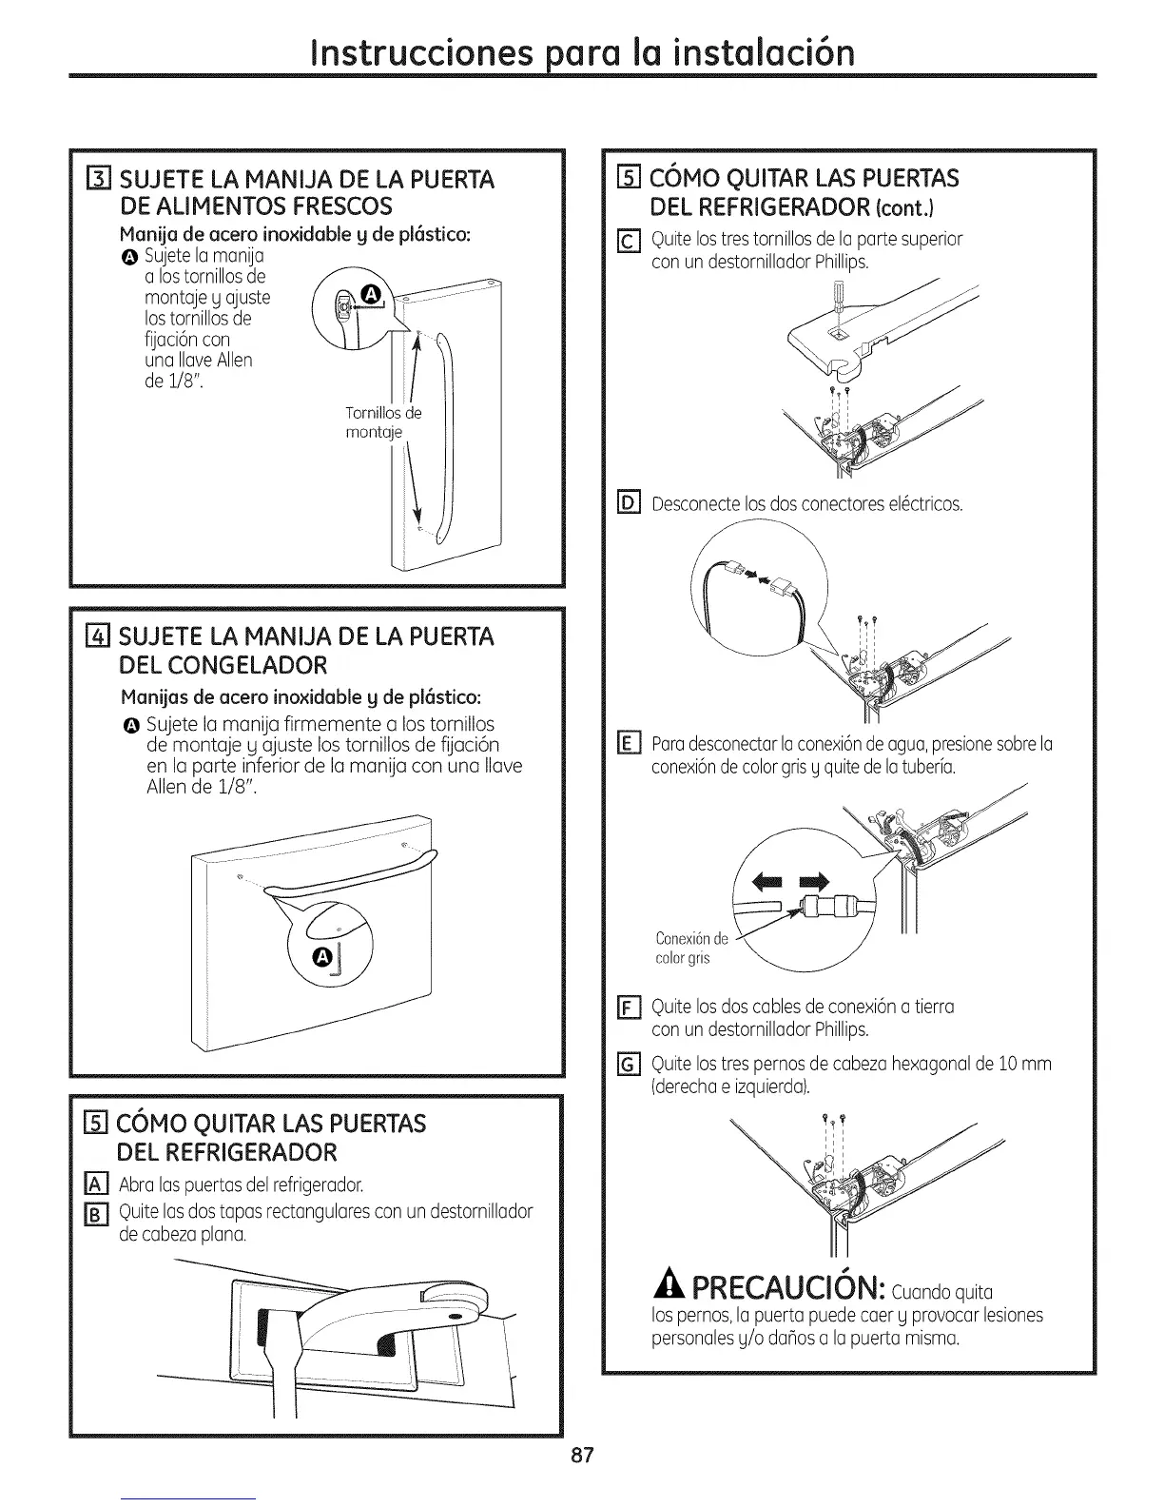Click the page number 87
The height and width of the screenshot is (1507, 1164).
(x=582, y=1456)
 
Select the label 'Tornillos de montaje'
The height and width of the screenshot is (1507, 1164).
(x=382, y=422)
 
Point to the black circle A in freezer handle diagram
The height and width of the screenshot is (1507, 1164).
(x=323, y=954)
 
